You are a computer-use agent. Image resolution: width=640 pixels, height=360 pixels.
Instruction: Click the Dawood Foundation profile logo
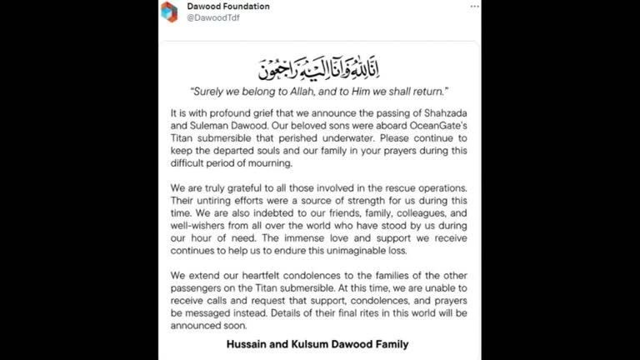pos(169,12)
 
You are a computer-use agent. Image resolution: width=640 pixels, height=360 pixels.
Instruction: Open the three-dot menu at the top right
pos(474,6)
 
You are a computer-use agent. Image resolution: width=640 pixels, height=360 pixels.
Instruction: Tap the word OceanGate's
pos(441,125)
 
